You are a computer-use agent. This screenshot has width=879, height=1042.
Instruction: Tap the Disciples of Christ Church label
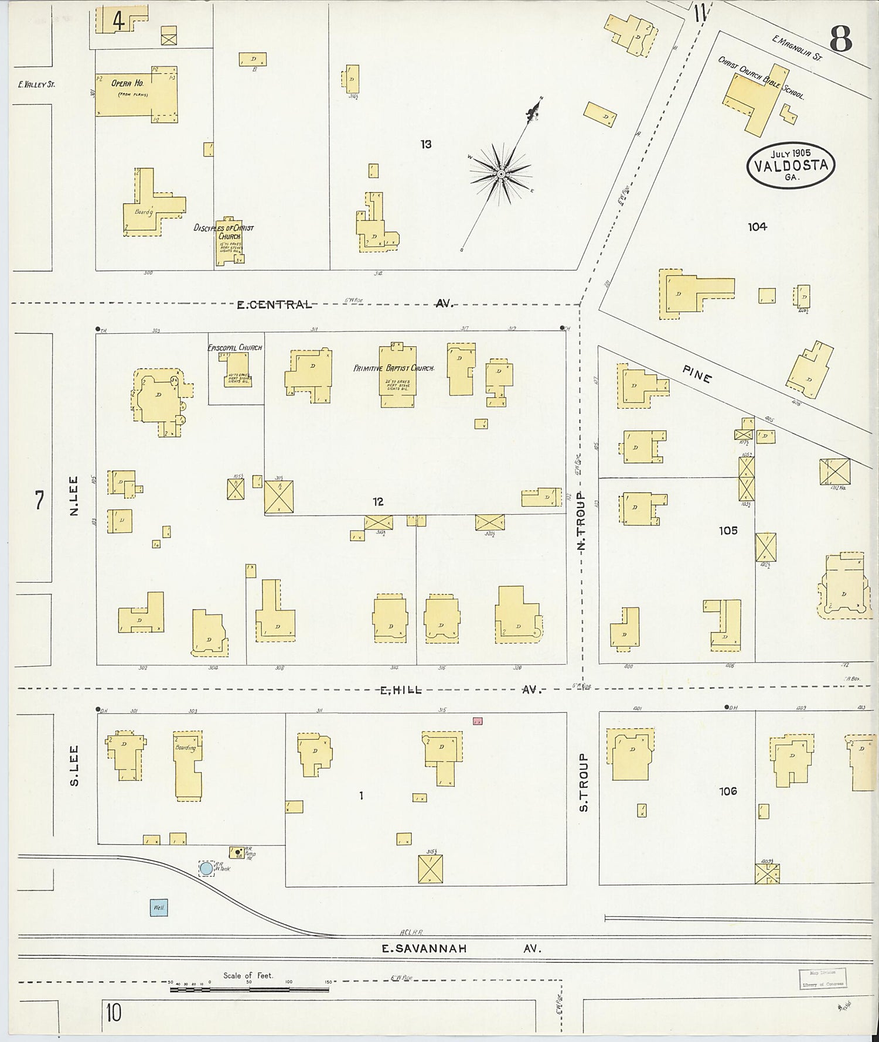224,231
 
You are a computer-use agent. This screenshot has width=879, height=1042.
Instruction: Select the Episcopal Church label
235,347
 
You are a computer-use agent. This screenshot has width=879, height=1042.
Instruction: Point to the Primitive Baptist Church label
394,368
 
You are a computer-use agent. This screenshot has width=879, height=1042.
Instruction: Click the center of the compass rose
502,175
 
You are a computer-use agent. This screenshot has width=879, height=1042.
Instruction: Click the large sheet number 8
841,40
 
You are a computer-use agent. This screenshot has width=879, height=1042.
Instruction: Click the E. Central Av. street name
345,304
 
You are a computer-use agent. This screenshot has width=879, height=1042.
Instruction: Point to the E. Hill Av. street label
460,690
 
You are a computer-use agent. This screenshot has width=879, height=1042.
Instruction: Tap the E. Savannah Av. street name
461,948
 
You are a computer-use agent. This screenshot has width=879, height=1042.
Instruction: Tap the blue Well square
159,907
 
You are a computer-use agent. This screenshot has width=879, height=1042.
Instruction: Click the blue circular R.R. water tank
206,868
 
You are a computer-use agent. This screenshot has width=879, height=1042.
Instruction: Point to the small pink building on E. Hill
478,722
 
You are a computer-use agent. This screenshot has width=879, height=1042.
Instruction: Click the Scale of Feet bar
249,989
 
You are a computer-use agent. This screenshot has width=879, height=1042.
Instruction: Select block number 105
728,531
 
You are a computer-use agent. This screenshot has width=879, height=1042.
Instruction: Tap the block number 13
426,144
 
